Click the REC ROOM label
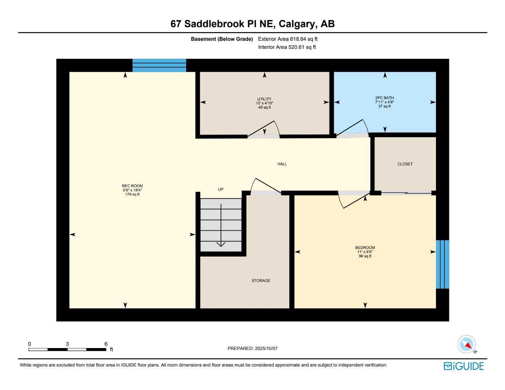coord(132,186)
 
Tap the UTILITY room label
coord(264,99)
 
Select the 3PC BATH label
coord(384,98)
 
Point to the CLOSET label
coord(405,164)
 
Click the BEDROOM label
coord(365,248)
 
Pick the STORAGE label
coord(261,281)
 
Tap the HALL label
coord(282,164)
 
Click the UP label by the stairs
coord(220,189)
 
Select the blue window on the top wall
coord(159,65)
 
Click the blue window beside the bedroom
coord(442,264)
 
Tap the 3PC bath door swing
coord(353,129)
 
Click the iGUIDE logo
coord(463,366)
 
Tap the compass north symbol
coord(466,345)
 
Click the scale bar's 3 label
coord(68,344)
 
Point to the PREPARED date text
coord(252,348)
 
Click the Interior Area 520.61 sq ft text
coord(287,47)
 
